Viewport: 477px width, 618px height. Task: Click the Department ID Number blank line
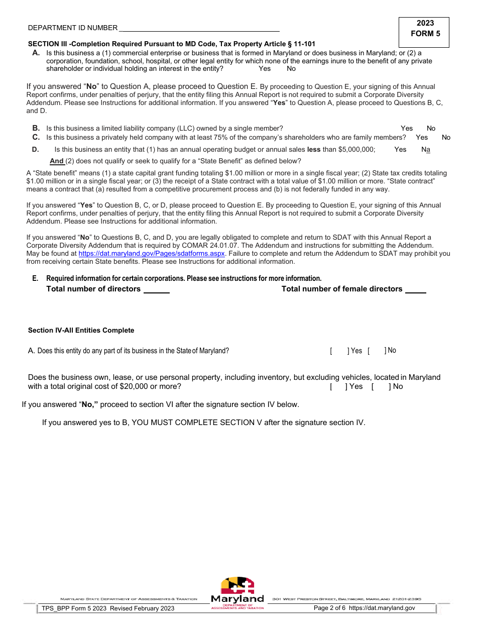pyautogui.click(x=199, y=28)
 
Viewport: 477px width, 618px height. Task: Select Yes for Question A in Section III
pyautogui.click(x=264, y=69)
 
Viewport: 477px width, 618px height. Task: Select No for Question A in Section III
pyautogui.click(x=291, y=69)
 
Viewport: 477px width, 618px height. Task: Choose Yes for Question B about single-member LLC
pyautogui.click(x=407, y=129)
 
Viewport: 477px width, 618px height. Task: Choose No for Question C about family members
pyautogui.click(x=446, y=138)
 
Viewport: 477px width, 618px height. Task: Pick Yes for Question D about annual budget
pyautogui.click(x=400, y=149)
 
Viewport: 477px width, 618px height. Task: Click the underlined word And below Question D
pyautogui.click(x=57, y=161)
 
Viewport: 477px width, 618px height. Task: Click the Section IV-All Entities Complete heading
pyautogui.click(x=81, y=331)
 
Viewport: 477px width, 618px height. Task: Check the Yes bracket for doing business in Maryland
pyautogui.click(x=339, y=351)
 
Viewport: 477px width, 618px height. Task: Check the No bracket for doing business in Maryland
pyautogui.click(x=377, y=351)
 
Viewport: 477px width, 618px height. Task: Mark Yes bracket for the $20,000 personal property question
pyautogui.click(x=339, y=386)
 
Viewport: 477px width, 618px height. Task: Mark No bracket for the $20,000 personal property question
pyautogui.click(x=381, y=386)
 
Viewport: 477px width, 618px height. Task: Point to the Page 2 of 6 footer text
pyautogui.click(x=329, y=608)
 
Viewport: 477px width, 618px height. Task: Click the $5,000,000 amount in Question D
pyautogui.click(x=356, y=149)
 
